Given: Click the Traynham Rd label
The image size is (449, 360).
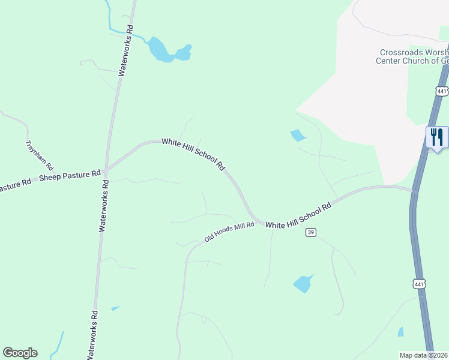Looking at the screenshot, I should click(x=40, y=156).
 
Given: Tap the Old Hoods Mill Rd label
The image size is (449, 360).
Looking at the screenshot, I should click(x=230, y=231).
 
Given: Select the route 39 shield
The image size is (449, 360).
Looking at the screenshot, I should click(x=310, y=232).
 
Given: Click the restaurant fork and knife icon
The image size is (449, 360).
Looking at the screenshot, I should click(x=436, y=137).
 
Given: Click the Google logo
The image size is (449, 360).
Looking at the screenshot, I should click(x=20, y=353).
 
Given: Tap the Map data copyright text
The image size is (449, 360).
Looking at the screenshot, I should click(x=424, y=355).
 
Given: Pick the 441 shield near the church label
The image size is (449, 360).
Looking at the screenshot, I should click(x=442, y=91).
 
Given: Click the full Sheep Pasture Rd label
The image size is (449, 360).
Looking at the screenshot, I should click(x=70, y=176).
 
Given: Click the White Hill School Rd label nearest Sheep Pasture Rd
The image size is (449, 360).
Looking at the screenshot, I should click(x=193, y=154).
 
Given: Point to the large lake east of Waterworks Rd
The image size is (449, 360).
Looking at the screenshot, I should click(x=161, y=50).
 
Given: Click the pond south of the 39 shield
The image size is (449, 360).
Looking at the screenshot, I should click(x=303, y=283).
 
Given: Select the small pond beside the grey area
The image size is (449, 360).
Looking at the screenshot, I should click(x=297, y=136).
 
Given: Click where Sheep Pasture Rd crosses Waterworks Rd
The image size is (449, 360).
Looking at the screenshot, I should click(x=106, y=172).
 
